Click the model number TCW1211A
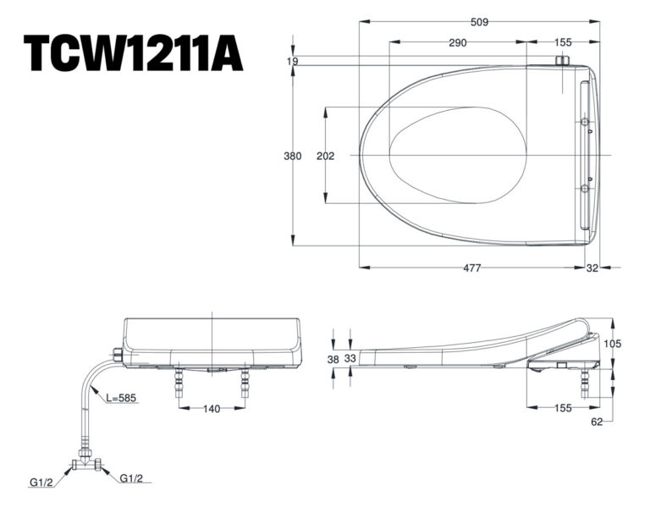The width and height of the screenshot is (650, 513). [x=134, y=52]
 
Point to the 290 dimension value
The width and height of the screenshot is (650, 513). [x=458, y=42]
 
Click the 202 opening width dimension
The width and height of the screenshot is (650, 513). [x=325, y=156]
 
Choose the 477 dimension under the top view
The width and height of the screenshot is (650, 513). [x=472, y=268]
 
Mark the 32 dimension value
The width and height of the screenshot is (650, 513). [x=592, y=268]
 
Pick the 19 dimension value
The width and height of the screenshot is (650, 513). [x=292, y=61]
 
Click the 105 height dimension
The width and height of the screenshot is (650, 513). [x=614, y=343]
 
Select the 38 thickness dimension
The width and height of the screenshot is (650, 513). [x=333, y=359]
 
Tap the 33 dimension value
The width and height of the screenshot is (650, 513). [x=350, y=359]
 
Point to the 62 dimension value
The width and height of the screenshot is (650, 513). [x=596, y=422]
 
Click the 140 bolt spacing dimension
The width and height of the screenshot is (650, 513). [x=212, y=409]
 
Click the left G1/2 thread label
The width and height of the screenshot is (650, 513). [x=41, y=482]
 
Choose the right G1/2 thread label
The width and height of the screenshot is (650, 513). [x=130, y=478]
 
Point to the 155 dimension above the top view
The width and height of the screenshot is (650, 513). [x=564, y=42]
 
